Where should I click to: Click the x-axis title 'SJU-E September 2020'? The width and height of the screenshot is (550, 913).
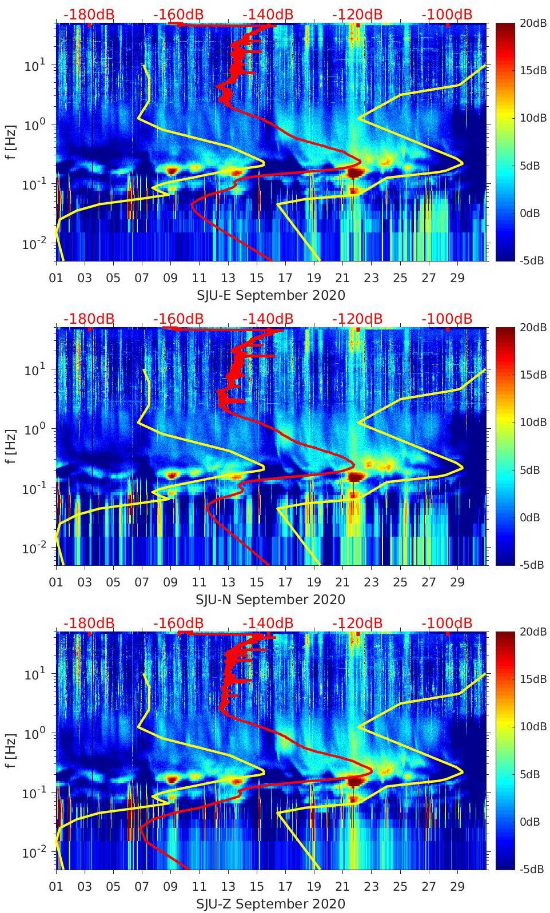pos(271,295)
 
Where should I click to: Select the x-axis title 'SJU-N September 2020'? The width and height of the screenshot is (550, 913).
pos(271,600)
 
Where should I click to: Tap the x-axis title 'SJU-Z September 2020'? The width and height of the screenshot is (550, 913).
pos(271,904)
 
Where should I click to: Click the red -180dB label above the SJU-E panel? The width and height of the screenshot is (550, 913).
pos(89,14)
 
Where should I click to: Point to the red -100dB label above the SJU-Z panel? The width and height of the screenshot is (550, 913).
pos(447,623)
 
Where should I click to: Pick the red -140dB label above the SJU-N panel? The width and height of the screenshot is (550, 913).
pos(268,319)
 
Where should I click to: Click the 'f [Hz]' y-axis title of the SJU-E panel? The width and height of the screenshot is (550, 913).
pos(11,142)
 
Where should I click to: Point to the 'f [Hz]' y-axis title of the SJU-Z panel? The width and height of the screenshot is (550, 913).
pos(11,751)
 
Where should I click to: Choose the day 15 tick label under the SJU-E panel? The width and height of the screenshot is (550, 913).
pos(257,278)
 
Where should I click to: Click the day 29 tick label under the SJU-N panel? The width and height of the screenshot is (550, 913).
pos(457,582)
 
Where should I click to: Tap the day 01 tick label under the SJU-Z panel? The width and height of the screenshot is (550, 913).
pos(56,887)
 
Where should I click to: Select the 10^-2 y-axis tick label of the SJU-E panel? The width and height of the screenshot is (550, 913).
pos(31,244)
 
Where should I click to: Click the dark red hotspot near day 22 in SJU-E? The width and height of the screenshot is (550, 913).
pos(356,172)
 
